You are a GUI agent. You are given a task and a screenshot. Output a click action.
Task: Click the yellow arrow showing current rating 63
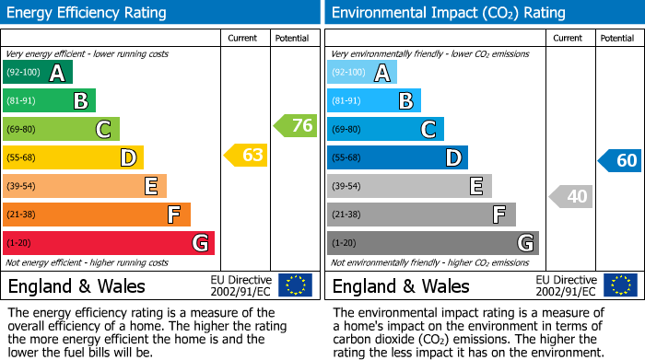tap(246, 156)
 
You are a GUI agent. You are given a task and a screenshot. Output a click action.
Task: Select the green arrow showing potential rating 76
tap(296, 126)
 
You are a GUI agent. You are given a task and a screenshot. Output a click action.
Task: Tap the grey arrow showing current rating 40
tap(571, 196)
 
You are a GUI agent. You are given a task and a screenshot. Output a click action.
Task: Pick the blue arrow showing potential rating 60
tap(619, 161)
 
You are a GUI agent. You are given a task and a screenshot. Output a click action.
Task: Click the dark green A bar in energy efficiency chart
tap(37, 73)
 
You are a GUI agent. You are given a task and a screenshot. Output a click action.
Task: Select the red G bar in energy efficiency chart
tap(108, 243)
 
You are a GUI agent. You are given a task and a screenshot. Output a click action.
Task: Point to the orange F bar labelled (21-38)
tap(96, 215)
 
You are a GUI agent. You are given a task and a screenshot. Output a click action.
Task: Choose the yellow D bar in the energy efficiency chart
tap(72, 157)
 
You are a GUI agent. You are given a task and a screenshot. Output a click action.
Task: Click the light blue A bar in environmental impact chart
tap(361, 73)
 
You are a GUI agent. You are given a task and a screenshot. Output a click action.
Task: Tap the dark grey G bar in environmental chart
tap(432, 243)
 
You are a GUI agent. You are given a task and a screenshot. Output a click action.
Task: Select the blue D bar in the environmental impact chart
tap(396, 157)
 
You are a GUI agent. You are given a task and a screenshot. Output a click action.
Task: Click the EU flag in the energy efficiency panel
tap(295, 285)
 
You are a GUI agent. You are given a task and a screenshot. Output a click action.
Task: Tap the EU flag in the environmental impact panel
tap(620, 285)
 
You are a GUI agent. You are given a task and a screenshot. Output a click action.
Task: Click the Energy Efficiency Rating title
tap(87, 13)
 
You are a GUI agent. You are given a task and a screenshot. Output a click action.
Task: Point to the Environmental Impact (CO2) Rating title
tap(448, 13)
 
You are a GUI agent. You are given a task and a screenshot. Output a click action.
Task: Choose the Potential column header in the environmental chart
tap(617, 38)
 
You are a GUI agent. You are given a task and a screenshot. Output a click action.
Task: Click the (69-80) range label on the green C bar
tap(23, 130)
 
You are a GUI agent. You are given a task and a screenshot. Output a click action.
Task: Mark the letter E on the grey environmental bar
tap(475, 186)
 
